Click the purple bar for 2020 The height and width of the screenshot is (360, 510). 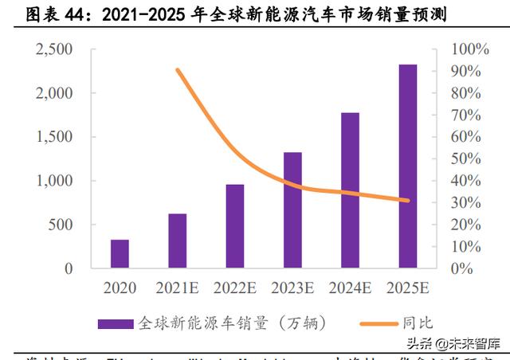click(x=120, y=254)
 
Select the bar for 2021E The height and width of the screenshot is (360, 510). click(x=177, y=241)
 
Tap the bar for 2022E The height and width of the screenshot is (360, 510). click(x=235, y=227)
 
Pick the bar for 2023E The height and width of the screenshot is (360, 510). click(x=292, y=210)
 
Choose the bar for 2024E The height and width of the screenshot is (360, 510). click(x=350, y=191)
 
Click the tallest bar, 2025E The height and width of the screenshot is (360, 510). click(x=408, y=166)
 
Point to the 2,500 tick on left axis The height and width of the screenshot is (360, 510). click(x=55, y=49)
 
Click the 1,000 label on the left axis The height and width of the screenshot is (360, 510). click(x=55, y=181)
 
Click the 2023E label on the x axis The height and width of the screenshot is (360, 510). click(x=292, y=288)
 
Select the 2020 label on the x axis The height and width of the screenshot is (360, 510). click(x=120, y=288)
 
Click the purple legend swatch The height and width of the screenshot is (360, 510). click(x=116, y=323)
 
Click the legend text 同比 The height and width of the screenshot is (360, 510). click(x=420, y=323)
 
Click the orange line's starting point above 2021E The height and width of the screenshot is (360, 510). click(x=178, y=70)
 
